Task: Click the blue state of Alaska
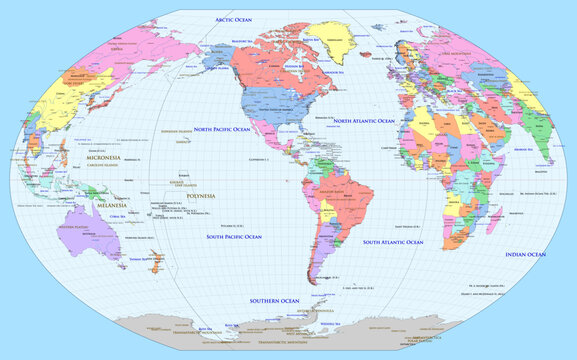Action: [x=217, y=56]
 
